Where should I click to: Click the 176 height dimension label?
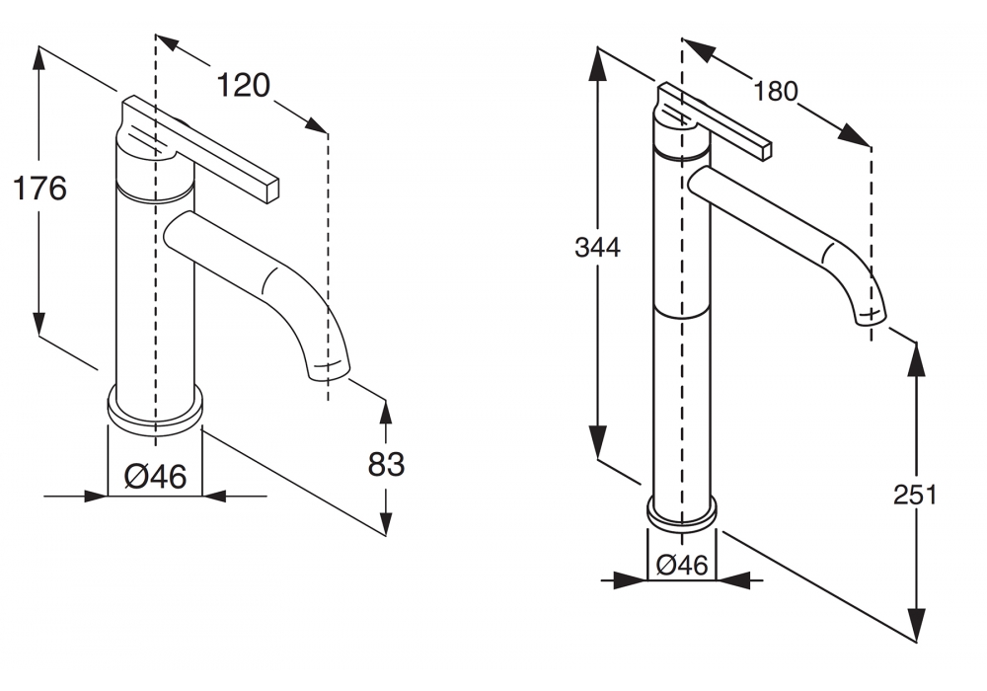40,188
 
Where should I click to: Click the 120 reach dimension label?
243,86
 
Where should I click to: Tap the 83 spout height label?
386,463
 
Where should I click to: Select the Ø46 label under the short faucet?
155,477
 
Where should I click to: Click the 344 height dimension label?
598,248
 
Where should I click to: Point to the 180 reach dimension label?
775,92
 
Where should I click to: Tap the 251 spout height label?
915,495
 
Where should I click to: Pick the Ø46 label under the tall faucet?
682,566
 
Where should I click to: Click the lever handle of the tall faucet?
725,124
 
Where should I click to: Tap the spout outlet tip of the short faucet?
331,370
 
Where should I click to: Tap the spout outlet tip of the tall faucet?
870,314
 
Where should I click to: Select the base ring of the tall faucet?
682,512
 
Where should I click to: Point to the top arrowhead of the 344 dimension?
598,58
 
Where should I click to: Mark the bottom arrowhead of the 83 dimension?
386,523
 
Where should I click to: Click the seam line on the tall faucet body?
682,313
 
